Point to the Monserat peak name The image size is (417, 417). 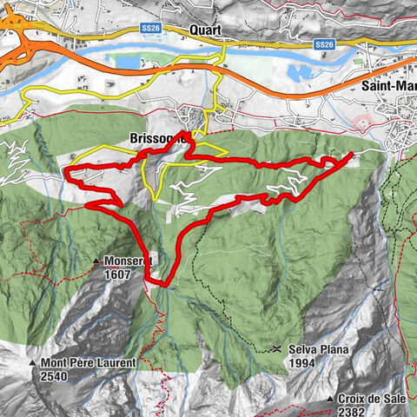pyautogui.click(x=129, y=260)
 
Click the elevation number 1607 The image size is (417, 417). pyautogui.click(x=121, y=274)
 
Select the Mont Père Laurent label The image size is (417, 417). pyautogui.click(x=86, y=362)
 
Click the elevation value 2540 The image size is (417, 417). pyautogui.click(x=54, y=377)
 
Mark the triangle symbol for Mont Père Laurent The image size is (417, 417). pyautogui.click(x=31, y=363)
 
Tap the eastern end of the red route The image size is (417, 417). pyautogui.click(x=351, y=154)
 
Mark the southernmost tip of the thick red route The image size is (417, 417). pyautogui.click(x=159, y=283)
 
